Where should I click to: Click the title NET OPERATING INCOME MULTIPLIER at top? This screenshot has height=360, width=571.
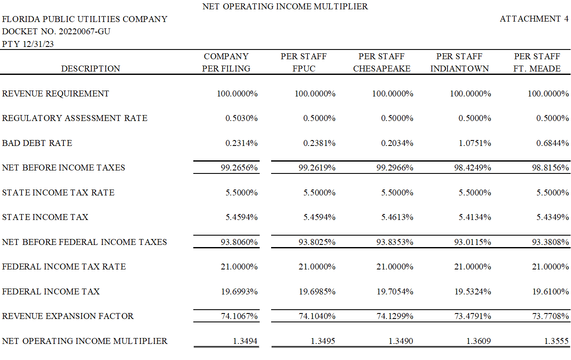(285, 6)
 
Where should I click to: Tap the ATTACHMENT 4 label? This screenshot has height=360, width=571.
(534, 19)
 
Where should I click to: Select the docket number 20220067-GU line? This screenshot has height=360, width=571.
(56, 31)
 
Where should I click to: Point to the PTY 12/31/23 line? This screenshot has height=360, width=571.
(28, 44)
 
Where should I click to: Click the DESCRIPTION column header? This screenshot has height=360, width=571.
(91, 69)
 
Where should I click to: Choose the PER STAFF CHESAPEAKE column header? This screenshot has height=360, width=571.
(382, 63)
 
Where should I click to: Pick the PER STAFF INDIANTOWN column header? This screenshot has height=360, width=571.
(459, 63)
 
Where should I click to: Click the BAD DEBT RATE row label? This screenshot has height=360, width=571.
(37, 143)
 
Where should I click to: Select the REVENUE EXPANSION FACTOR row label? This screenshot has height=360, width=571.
(68, 316)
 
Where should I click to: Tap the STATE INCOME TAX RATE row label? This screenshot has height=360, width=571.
(58, 192)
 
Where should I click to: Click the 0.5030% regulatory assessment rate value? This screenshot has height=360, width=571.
(242, 118)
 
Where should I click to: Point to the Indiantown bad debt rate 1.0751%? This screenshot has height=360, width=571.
(475, 143)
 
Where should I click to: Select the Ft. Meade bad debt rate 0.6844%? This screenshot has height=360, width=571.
(552, 143)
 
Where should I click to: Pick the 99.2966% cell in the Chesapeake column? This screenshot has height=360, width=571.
(395, 168)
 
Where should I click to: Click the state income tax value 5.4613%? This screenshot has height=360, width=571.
(397, 217)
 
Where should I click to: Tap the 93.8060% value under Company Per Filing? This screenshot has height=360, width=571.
(239, 242)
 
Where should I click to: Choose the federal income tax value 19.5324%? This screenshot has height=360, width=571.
(472, 291)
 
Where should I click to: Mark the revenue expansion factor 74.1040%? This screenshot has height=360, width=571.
(317, 316)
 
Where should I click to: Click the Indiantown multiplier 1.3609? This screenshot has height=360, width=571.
(478, 341)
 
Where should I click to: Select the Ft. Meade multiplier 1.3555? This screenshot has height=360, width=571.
(556, 341)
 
